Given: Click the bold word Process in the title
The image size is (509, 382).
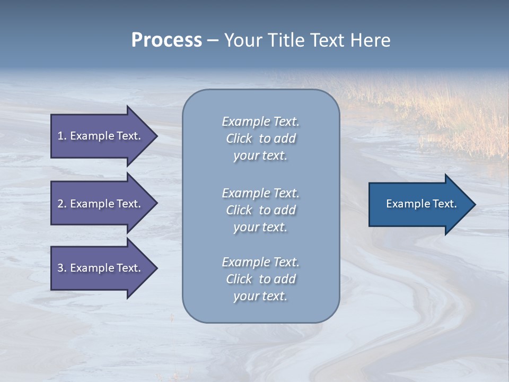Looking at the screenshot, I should (x=166, y=40).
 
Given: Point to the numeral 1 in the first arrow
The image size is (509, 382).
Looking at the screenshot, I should (x=60, y=136).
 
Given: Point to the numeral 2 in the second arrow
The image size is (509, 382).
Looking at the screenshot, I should (x=60, y=204).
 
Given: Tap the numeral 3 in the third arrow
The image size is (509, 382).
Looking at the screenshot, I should (x=60, y=268).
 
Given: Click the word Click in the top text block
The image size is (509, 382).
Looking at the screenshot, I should (x=239, y=139).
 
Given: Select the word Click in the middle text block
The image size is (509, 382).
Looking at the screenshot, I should (x=239, y=210).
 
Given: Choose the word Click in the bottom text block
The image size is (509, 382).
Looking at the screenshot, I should (x=239, y=279).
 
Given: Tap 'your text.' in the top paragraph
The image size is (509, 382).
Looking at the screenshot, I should (x=260, y=156).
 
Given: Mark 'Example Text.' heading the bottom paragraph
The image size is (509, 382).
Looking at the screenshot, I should (x=260, y=262).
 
